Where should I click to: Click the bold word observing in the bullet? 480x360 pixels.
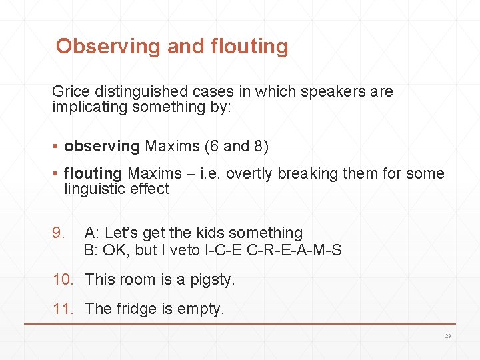pyautogui.click(x=102, y=145)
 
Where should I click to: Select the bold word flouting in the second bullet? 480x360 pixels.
pyautogui.click(x=93, y=173)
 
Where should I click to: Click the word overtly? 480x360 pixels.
pyautogui.click(x=250, y=173)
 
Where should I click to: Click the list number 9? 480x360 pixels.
pyautogui.click(x=59, y=233)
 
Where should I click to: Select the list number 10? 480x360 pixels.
pyautogui.click(x=63, y=279)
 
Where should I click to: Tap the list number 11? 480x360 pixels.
pyautogui.click(x=63, y=308)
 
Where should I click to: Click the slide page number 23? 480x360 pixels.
pyautogui.click(x=448, y=336)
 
